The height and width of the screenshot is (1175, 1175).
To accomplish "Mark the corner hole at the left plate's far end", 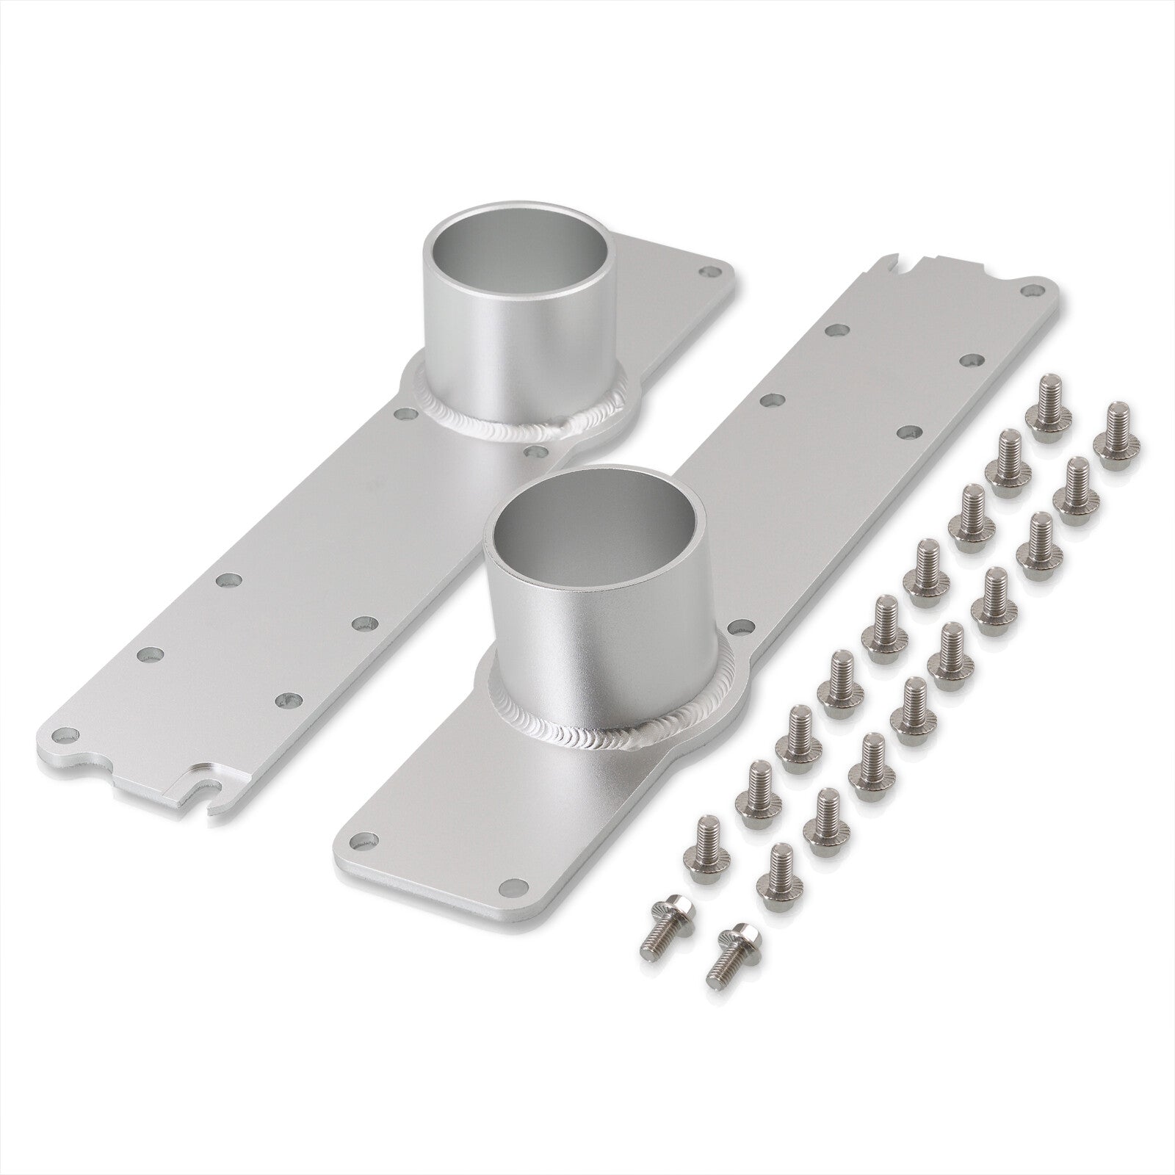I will pos(709,273).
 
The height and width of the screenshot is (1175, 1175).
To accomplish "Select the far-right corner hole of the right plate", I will pos(1034,289).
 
